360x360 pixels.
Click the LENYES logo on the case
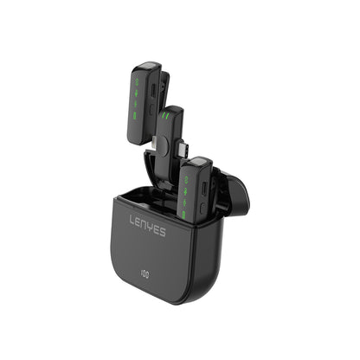tap(148, 226)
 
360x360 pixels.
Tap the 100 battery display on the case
tap(145, 273)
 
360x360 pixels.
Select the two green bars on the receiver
tap(165, 116)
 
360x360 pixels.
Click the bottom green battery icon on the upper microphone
tap(135, 116)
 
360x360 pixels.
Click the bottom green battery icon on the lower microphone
tap(183, 215)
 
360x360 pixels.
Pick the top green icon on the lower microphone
tap(186, 180)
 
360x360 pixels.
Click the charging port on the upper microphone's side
tap(153, 92)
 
